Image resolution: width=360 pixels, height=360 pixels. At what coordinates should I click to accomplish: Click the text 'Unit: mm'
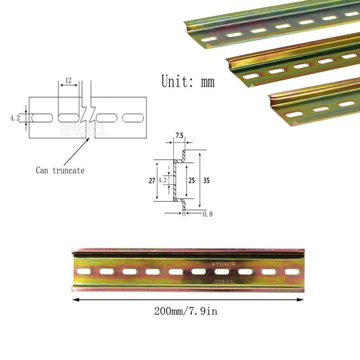click(188, 81)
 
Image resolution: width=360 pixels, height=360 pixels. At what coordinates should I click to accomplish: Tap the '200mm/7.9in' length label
click(186, 311)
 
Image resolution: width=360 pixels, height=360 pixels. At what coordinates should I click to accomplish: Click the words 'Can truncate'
click(60, 171)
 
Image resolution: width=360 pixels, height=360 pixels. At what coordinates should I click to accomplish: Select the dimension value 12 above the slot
click(68, 80)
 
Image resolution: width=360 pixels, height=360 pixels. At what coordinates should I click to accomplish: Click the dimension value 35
click(207, 180)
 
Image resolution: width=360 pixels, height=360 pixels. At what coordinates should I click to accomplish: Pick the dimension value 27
click(152, 180)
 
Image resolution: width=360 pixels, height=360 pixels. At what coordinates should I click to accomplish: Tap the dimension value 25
click(191, 180)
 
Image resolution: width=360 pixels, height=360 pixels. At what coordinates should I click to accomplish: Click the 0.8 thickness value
click(207, 214)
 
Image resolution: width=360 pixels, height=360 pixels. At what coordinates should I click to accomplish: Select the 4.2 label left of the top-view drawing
click(15, 118)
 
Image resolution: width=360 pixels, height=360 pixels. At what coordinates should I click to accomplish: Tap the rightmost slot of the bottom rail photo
click(292, 272)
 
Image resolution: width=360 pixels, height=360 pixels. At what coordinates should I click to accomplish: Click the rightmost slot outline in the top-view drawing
click(134, 118)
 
